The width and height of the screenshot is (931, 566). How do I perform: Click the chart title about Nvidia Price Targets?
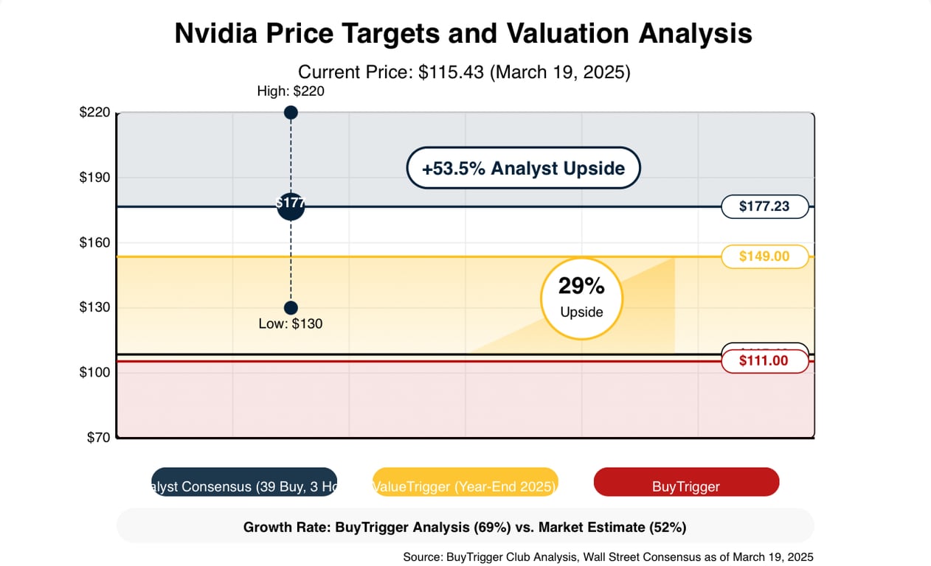point(463,34)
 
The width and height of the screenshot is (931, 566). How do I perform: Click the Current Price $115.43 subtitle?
point(463,72)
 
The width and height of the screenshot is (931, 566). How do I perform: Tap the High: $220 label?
point(291,91)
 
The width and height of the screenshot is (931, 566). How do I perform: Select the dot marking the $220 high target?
point(291,113)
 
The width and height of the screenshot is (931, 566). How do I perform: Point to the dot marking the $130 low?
point(291,307)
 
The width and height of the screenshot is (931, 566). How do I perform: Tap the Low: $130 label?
point(291,324)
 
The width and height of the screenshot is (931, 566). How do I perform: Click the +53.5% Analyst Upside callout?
point(523,168)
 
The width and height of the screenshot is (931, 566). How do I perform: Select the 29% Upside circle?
point(581,298)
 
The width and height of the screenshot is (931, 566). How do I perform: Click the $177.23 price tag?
point(764,206)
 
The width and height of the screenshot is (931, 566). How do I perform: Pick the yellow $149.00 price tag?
point(764,256)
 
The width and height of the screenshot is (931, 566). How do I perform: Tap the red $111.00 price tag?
point(764,361)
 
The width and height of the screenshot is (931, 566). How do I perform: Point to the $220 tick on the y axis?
point(94,113)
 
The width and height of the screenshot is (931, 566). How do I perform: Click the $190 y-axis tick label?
point(94,178)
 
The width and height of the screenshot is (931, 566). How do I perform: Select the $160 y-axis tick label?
point(94,242)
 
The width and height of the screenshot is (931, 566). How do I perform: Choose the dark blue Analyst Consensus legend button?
point(244,482)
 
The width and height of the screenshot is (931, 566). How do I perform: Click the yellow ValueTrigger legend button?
point(465,482)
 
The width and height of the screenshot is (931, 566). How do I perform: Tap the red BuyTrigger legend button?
point(686,482)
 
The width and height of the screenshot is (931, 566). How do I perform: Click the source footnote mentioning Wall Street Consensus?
point(608,557)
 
